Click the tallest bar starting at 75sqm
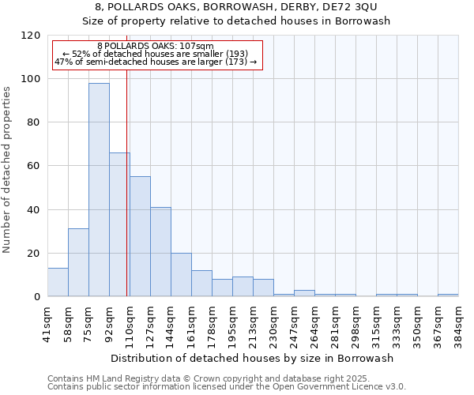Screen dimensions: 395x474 click(99, 190)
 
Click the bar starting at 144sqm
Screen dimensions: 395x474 click(181, 274)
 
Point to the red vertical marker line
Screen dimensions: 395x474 click(126, 182)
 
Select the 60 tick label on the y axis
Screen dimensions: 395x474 click(33, 166)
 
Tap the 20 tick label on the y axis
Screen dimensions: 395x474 click(33, 254)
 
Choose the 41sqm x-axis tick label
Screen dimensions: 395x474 click(47, 320)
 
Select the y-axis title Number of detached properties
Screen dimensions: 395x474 click(8, 170)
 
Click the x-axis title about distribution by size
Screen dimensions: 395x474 click(252, 358)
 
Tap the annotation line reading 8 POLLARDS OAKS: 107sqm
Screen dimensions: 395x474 click(155, 47)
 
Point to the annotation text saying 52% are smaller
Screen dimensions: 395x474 click(155, 54)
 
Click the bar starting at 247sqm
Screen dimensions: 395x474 click(304, 293)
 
